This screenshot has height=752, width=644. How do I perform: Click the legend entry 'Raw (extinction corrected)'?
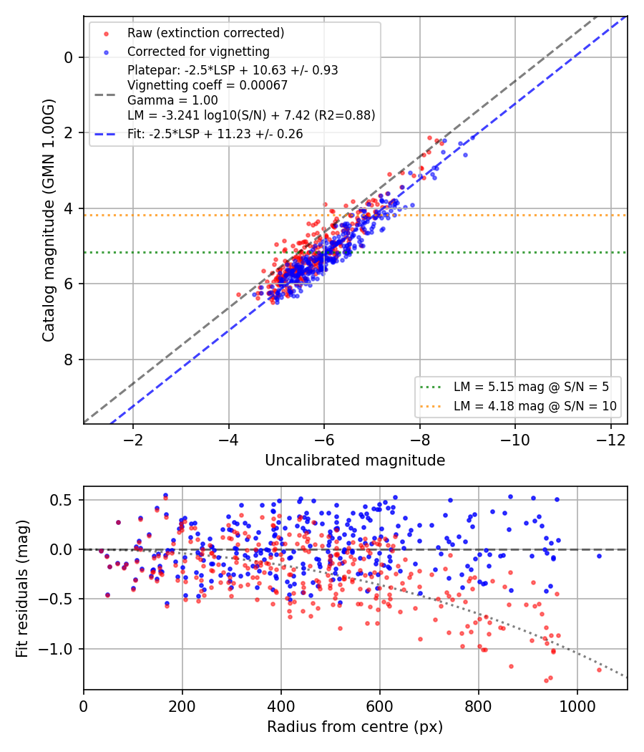205,33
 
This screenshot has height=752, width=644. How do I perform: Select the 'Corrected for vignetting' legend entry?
198,52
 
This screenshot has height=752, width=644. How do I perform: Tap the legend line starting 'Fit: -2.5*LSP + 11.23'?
215,134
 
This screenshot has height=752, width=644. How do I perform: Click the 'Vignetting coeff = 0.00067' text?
208,85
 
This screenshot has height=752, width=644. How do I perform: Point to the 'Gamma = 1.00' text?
172,100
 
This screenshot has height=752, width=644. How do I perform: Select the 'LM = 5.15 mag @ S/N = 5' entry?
531,387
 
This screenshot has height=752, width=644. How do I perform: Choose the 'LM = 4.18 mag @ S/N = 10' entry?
535,406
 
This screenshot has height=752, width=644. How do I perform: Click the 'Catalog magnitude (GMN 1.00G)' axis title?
49,221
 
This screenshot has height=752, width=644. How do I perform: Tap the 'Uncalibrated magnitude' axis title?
355,461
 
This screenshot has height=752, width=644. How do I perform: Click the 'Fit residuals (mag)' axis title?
22,589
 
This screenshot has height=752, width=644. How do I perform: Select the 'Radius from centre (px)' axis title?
355,727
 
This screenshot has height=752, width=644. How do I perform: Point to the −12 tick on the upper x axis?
611,440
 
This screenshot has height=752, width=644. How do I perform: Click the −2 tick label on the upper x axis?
132,440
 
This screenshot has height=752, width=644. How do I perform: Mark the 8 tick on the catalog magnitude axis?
69,360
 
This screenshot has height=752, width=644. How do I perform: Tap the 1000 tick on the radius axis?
577,706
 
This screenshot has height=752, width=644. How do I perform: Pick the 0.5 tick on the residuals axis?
63,500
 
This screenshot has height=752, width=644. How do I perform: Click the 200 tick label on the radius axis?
182,706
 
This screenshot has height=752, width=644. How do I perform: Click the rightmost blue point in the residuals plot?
599,556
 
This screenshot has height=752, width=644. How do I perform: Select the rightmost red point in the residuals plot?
599,670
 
